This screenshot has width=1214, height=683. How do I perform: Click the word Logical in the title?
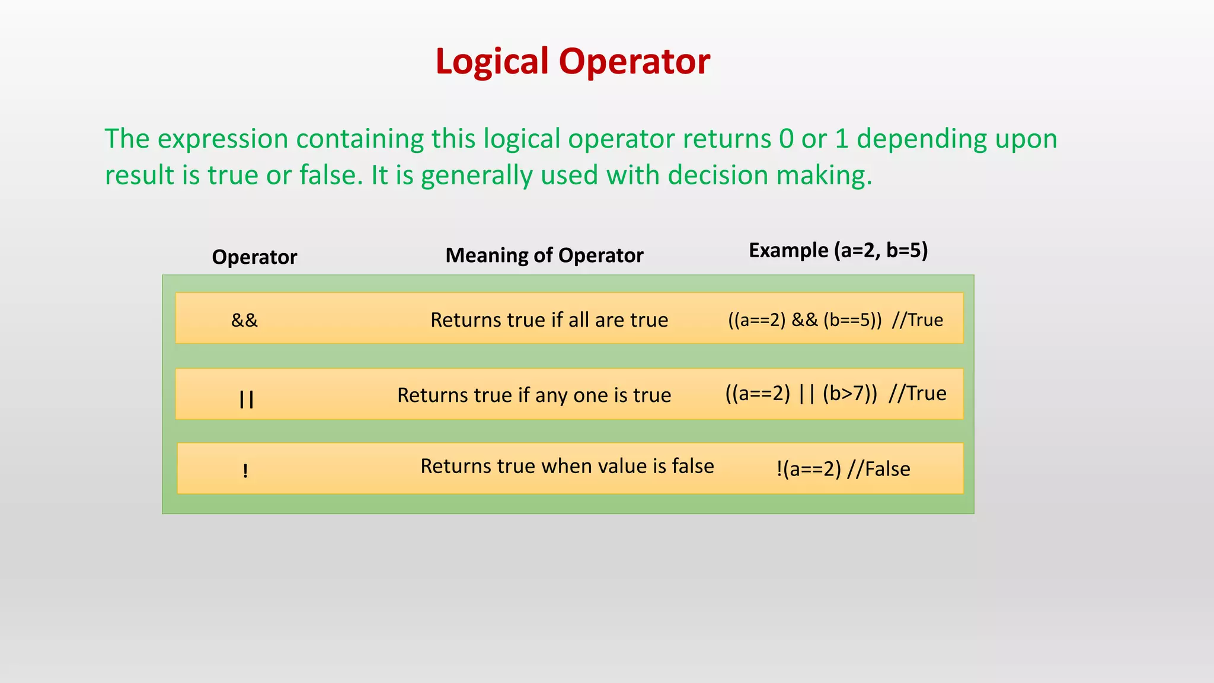click(x=492, y=62)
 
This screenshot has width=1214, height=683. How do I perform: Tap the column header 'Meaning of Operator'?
click(x=544, y=256)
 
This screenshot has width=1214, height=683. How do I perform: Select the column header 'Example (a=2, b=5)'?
click(x=838, y=250)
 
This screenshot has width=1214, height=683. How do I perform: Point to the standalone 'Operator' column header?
click(x=254, y=257)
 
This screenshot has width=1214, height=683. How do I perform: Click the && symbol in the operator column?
click(x=244, y=320)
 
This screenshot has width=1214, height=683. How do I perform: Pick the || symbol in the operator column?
click(x=246, y=399)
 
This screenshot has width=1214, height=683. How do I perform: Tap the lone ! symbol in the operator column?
click(x=245, y=471)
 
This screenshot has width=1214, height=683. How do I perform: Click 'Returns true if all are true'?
click(x=549, y=320)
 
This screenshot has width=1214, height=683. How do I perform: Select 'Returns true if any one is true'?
click(x=534, y=395)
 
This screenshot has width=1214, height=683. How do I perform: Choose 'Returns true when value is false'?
click(x=567, y=467)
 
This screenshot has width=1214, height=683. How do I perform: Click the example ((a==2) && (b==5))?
click(x=804, y=320)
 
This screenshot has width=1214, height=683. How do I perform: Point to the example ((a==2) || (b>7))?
click(x=801, y=394)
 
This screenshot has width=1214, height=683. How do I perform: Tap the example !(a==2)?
click(x=809, y=469)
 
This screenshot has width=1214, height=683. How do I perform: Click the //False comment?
click(x=878, y=469)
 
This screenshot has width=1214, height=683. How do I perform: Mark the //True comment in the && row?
click(x=917, y=320)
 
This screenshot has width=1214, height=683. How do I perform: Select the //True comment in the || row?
click(x=917, y=394)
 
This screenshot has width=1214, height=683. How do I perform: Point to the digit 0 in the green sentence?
click(x=786, y=139)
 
